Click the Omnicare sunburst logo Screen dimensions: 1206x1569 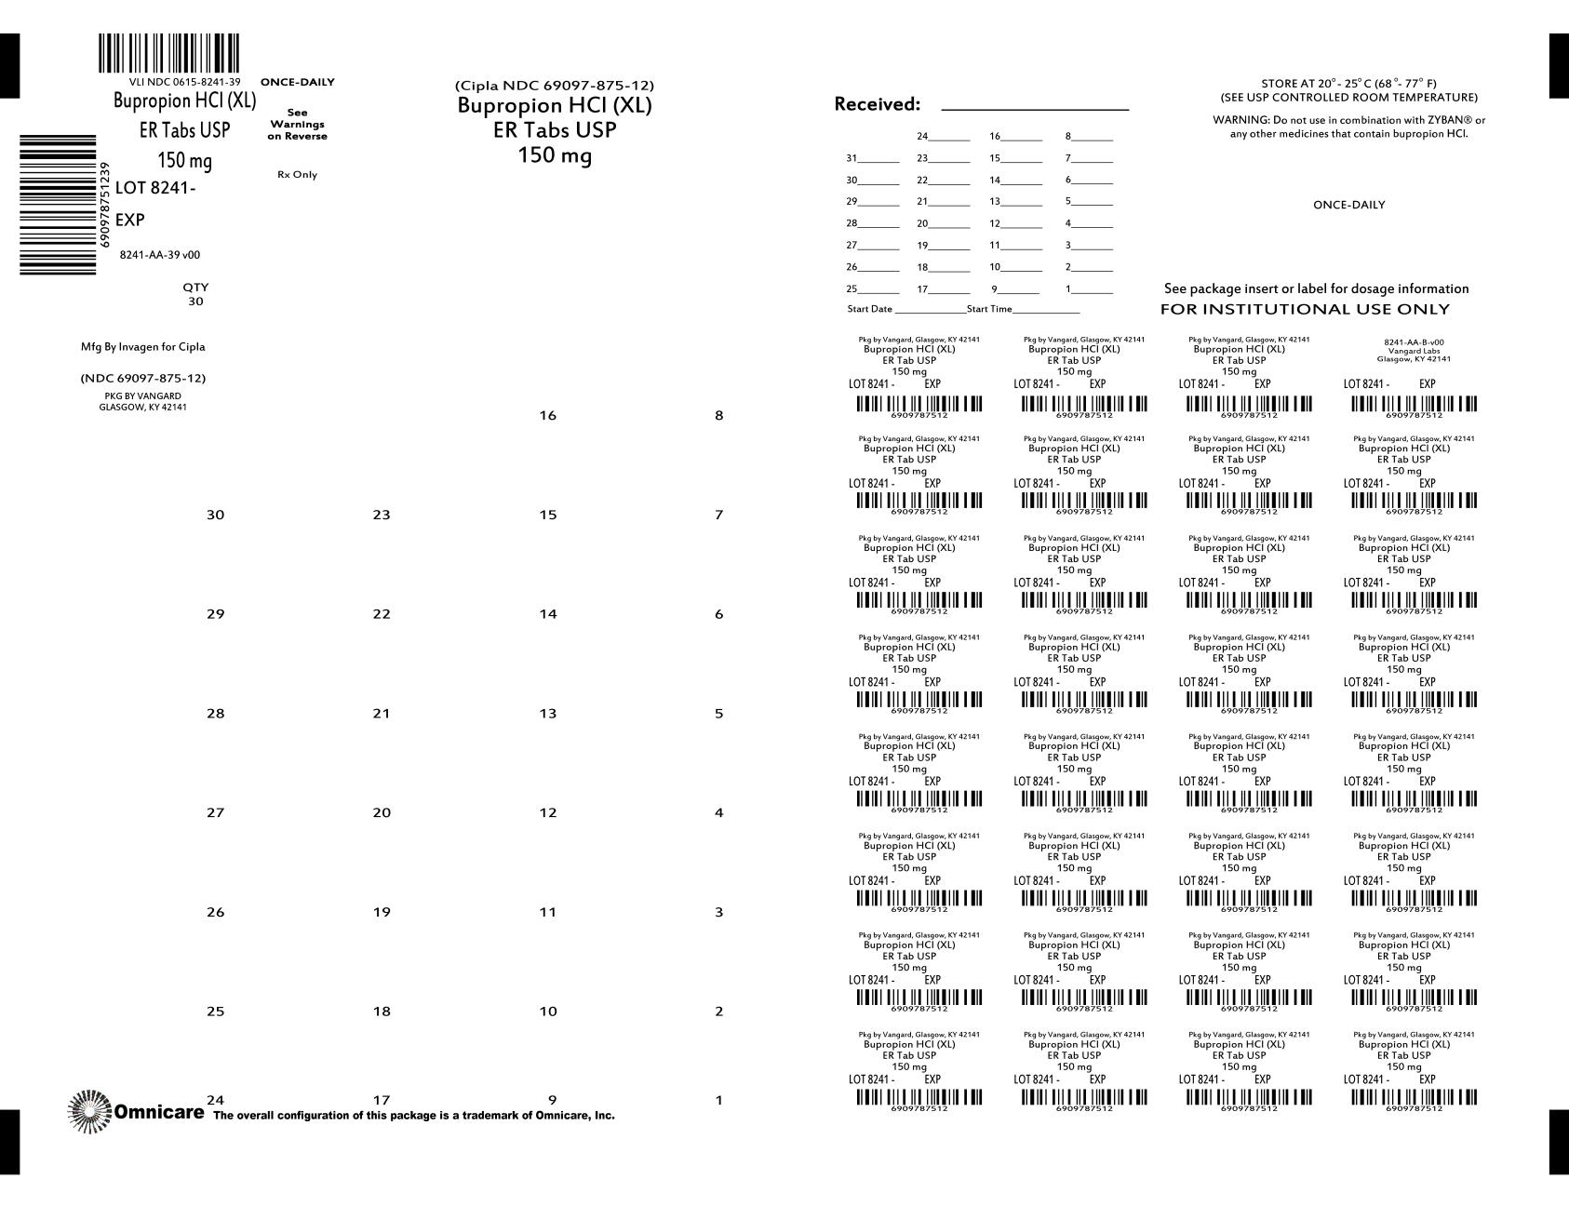click(88, 1111)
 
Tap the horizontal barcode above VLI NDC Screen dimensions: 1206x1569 click(168, 54)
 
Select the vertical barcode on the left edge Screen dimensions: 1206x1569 click(58, 205)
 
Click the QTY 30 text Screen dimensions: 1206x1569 click(195, 294)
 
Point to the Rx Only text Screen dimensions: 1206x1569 click(297, 175)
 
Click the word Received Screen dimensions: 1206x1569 click(877, 104)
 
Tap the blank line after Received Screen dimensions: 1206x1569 click(1035, 106)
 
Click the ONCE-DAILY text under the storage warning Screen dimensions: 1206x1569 click(1348, 205)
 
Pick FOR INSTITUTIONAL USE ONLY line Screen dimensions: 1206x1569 click(1305, 309)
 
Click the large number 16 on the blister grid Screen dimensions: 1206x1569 click(547, 416)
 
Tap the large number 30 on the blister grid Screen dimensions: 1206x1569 click(215, 515)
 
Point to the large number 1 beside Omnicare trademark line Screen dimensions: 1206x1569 click(718, 1101)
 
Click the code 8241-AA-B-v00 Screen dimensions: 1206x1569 click(1414, 342)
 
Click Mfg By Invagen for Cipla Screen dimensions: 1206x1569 click(143, 347)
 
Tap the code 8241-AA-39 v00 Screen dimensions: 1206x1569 click(160, 255)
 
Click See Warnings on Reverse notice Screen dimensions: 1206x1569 click(297, 124)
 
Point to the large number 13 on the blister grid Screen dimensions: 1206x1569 click(547, 714)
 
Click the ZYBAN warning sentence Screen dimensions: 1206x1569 click(1348, 127)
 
